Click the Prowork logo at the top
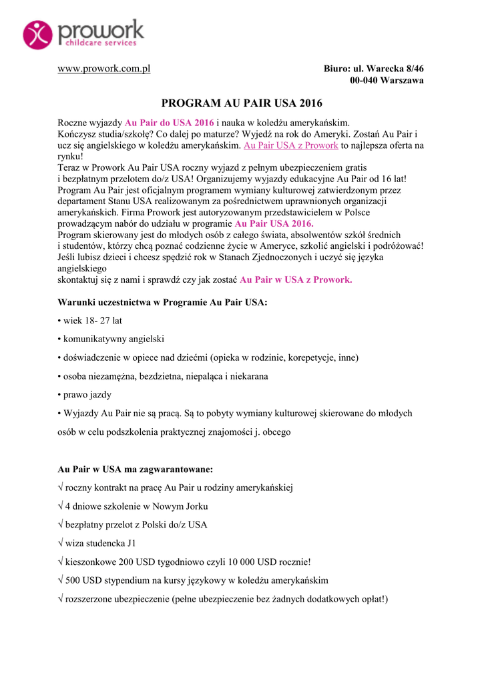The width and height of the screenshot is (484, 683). (83, 34)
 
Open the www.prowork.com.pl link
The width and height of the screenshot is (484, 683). (103, 69)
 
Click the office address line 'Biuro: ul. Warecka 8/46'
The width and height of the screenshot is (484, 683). (373, 69)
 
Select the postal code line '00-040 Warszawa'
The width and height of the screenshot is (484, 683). (387, 81)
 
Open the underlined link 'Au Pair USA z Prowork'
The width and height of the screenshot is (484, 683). (291, 145)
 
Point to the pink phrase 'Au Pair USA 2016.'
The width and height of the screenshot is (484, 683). (274, 223)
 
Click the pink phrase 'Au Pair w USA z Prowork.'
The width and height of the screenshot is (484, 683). (295, 279)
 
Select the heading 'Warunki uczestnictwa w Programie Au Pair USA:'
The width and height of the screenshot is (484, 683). (163, 302)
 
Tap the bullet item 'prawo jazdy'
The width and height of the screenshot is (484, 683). (87, 395)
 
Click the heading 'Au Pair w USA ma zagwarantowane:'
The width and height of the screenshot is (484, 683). (136, 469)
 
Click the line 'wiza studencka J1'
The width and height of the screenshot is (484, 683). (100, 543)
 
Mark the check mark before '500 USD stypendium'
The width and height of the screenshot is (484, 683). (61, 580)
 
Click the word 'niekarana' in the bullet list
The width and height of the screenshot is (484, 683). (246, 376)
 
